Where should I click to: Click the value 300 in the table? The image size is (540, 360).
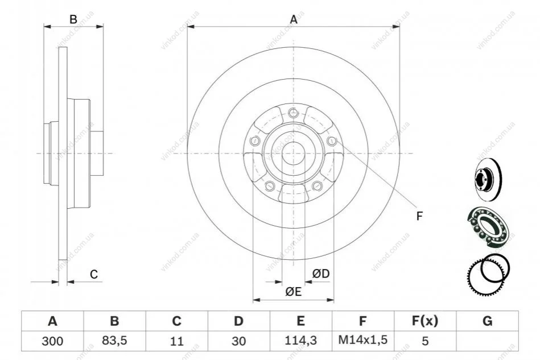[52, 341]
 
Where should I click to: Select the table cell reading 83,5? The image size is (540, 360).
[114, 341]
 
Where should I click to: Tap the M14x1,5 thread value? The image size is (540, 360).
[362, 340]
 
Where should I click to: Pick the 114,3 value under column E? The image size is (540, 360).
[300, 341]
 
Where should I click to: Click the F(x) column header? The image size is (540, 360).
[425, 321]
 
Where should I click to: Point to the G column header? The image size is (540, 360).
[487, 321]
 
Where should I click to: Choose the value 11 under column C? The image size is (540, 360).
[176, 341]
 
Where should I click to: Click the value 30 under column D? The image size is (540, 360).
[238, 341]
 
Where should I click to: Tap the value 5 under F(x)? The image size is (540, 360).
[425, 341]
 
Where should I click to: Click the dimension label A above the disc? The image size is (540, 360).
[294, 19]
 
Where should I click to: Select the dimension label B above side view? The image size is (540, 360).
[73, 19]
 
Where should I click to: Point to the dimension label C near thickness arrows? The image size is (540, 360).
[94, 274]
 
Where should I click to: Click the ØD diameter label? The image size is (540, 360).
[320, 274]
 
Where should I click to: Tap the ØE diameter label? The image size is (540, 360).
[293, 292]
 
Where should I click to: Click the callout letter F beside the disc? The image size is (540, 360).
[419, 216]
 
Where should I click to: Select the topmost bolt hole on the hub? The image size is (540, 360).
[293, 112]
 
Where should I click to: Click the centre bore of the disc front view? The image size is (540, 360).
[293, 154]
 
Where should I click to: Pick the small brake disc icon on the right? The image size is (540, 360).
[488, 180]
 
